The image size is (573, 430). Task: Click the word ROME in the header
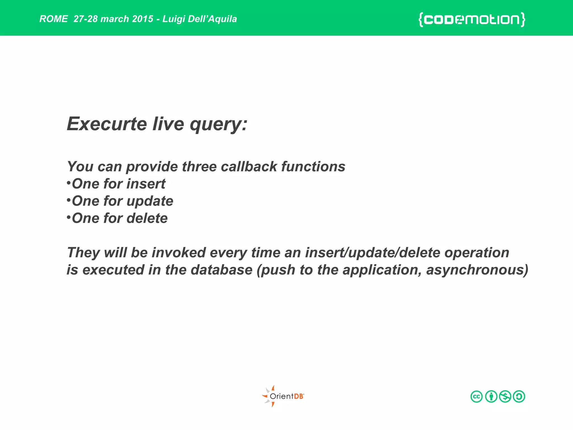pos(53,19)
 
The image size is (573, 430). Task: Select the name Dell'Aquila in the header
pos(212,19)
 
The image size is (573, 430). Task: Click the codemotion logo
pos(472,20)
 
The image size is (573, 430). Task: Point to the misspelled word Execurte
pos(107,124)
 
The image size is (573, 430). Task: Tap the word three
pos(199,167)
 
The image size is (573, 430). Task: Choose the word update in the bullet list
pos(150,201)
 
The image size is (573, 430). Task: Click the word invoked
pos(179,253)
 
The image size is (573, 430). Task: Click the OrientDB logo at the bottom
pos(283,396)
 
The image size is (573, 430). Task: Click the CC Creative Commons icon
pos(476,396)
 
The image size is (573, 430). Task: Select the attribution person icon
pos(491,396)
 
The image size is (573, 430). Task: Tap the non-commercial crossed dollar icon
pos(505,396)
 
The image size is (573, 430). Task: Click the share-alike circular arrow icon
pos(519,396)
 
